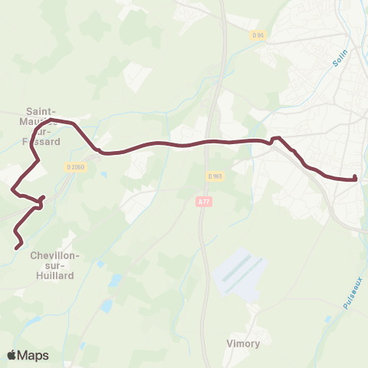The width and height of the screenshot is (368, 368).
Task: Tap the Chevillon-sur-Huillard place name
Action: [53, 264]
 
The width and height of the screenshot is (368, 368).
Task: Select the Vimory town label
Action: [244, 343]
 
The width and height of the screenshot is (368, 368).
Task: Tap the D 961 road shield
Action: [214, 176]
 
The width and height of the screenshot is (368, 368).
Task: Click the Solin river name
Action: [340, 61]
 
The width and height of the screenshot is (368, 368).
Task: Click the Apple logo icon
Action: [11, 355]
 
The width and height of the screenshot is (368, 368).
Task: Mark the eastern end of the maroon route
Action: [356, 179]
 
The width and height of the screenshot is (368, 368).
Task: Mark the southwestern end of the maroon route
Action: [18, 246]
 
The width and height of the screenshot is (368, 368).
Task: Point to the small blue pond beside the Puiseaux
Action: [329, 318]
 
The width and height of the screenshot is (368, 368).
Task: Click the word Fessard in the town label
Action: [48, 141]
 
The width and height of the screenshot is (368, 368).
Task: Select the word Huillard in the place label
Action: [53, 275]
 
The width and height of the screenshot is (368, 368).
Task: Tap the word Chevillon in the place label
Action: [53, 255]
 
